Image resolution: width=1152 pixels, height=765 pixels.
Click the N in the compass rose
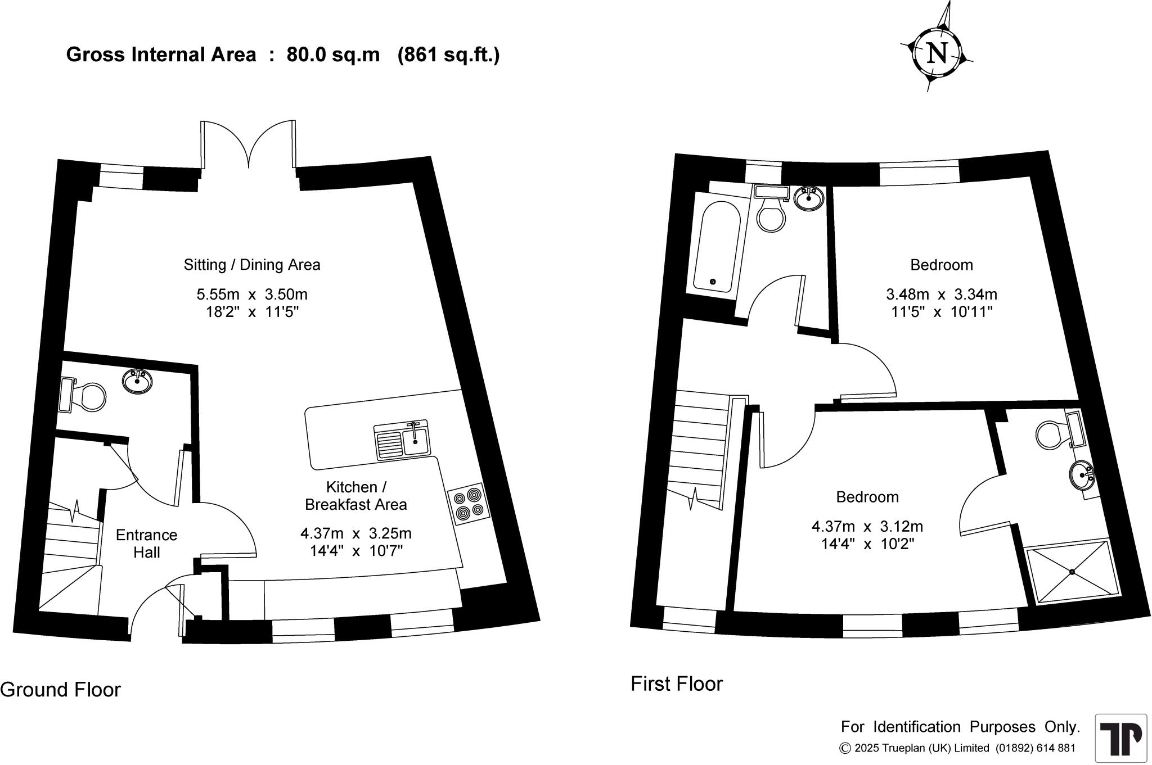pos(937,53)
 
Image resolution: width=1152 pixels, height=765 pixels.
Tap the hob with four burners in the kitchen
pos(469,504)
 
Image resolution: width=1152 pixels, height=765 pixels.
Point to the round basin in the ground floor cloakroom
pos(137,382)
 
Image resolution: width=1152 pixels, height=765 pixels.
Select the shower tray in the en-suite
pos(1072,572)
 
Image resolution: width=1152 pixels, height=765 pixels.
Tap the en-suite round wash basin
pos(1081,475)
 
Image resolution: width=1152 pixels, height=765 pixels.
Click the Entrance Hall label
pos(146,544)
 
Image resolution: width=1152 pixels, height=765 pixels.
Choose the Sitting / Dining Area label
pos(252,265)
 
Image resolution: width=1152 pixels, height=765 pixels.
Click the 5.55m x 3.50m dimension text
pos(252,294)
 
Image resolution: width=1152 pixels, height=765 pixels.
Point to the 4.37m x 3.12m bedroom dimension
pos(867,527)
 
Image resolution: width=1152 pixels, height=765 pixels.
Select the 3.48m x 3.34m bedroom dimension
pos(942,294)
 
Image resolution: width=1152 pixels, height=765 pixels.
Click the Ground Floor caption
pos(60,690)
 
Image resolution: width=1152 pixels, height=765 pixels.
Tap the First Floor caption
pos(676,684)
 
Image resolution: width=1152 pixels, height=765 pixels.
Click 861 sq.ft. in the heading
pos(448,55)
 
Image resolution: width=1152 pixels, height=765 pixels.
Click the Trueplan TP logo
pos(1120,739)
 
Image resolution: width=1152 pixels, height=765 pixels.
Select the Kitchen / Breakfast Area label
pos(355,496)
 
